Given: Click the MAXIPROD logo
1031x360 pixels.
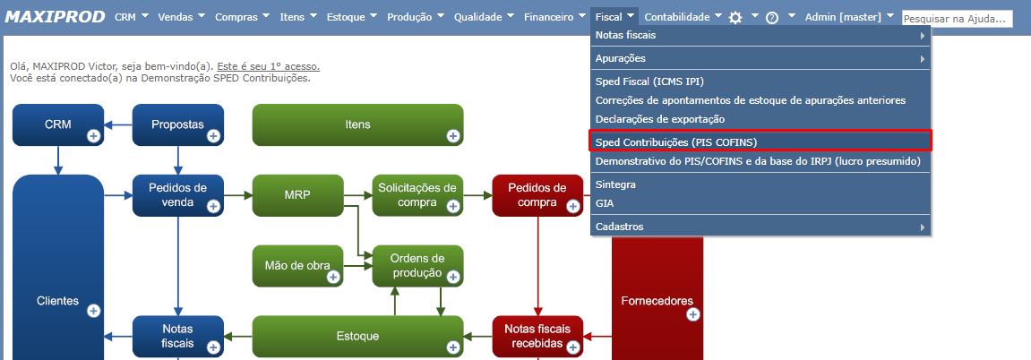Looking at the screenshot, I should click(x=56, y=17).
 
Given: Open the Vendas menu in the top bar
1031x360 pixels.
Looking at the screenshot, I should click(x=176, y=17).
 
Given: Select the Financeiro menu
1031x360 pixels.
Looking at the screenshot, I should click(x=549, y=17).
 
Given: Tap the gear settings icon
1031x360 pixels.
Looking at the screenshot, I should click(x=735, y=18).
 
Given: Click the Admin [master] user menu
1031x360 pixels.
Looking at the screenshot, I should click(x=843, y=17).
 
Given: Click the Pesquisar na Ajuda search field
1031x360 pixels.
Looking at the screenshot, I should click(x=957, y=19).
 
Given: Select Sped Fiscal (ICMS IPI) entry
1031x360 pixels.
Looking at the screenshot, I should click(x=656, y=81).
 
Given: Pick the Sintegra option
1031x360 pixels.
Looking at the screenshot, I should click(x=616, y=184).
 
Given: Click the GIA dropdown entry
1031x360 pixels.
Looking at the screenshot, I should click(x=605, y=203).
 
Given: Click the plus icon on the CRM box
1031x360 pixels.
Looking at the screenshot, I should click(x=93, y=135).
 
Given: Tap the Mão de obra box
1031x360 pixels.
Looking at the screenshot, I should click(x=297, y=266).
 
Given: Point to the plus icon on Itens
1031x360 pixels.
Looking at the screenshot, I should click(x=452, y=135).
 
